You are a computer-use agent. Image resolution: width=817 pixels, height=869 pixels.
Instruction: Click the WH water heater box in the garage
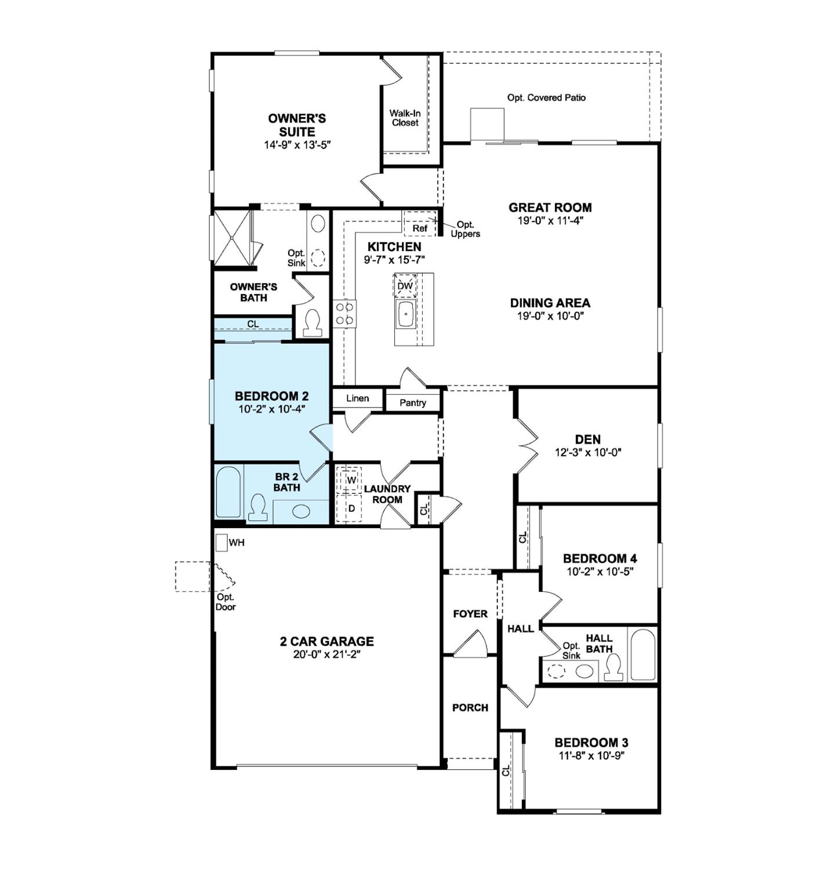pos(221,543)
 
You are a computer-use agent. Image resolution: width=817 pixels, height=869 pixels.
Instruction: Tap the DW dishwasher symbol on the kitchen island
pos(405,286)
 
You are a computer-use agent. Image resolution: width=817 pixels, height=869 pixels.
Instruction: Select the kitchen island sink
pos(405,314)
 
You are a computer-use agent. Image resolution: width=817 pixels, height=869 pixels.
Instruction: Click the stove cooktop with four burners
pos(344,314)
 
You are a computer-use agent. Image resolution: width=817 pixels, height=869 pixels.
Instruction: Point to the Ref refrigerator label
pos(420,228)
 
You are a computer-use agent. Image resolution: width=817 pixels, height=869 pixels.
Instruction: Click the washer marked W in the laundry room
pos(350,480)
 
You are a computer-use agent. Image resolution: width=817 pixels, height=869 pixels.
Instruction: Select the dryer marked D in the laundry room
pos(350,508)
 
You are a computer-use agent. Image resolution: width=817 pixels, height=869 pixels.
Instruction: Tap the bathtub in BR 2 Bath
pos(228,492)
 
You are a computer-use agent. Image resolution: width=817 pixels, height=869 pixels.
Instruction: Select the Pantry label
pos(413,402)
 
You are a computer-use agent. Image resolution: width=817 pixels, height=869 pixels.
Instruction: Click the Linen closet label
pos(357,398)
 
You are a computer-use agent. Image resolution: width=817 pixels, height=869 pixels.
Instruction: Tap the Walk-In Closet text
pos(405,118)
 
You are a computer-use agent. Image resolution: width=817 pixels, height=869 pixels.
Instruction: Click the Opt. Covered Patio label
pos(546,97)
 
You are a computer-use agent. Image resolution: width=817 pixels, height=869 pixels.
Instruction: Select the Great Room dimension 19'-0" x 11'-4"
pos(550,220)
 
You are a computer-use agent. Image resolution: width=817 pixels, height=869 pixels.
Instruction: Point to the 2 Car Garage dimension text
pos(327,655)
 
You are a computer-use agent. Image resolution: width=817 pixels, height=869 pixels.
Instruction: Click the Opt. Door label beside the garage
pos(225,602)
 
